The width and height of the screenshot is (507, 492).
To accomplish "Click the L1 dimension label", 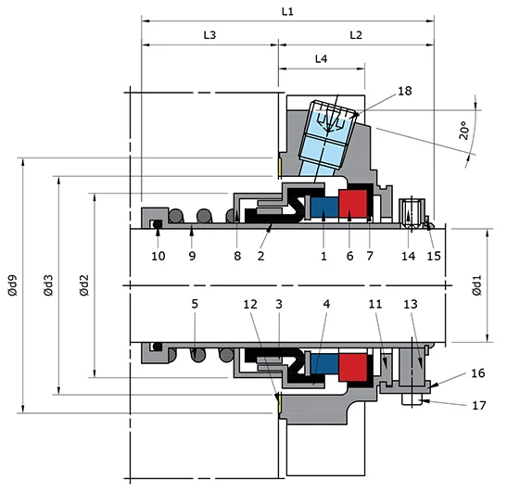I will (287, 11).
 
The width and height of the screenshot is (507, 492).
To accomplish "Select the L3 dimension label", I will (209, 34).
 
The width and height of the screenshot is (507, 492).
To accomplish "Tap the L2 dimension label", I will (356, 34).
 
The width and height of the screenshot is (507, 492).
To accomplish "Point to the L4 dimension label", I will (321, 58).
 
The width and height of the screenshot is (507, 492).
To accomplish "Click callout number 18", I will (377, 91).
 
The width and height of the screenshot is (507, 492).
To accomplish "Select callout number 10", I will (158, 256).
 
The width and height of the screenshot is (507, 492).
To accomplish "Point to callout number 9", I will (191, 256).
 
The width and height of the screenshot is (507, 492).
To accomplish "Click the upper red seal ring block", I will (353, 204).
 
